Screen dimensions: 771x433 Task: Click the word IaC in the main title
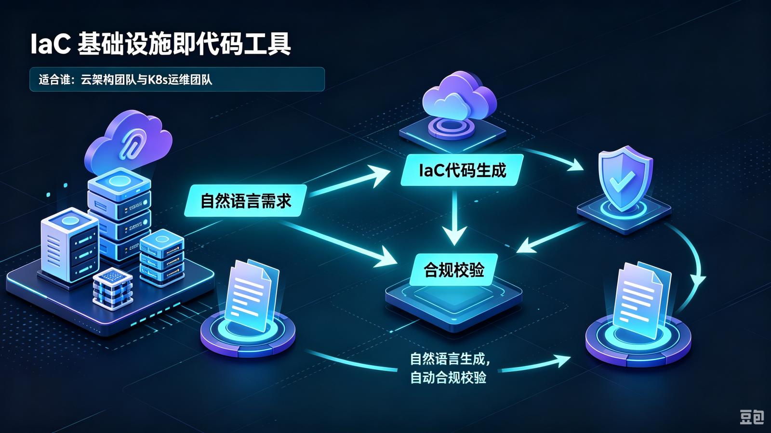click(51, 44)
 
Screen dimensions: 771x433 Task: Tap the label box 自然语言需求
click(245, 200)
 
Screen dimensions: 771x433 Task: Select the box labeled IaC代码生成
click(462, 170)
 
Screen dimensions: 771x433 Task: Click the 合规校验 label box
click(454, 270)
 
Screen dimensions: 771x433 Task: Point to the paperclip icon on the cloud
click(129, 145)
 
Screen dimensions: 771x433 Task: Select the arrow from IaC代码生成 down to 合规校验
click(455, 217)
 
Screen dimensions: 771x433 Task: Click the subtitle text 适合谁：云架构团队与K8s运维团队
click(125, 80)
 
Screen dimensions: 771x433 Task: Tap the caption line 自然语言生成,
click(450, 359)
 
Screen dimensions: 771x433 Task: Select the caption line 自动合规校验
click(448, 377)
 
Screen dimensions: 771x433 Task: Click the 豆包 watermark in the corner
click(752, 417)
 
